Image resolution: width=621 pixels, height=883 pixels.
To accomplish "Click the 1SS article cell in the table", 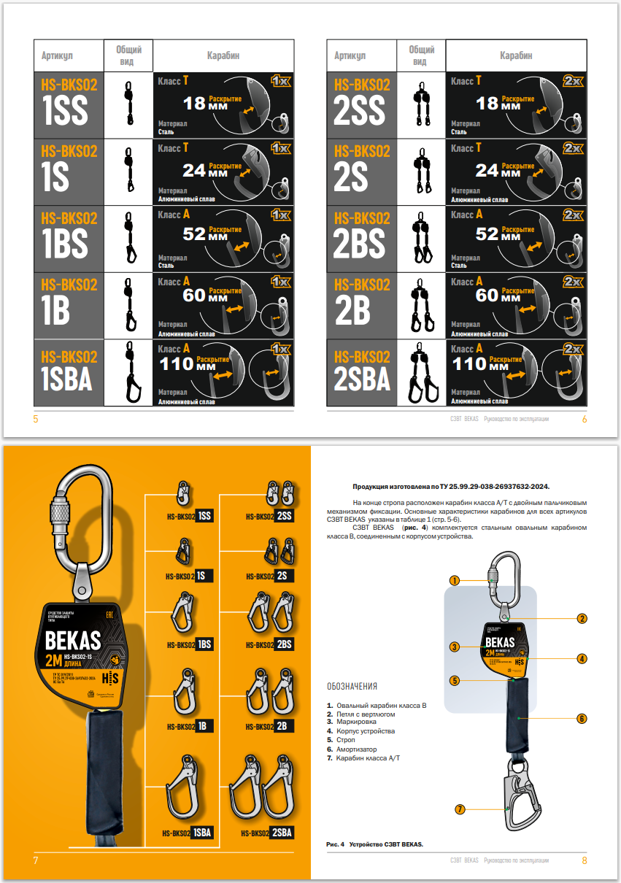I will point(69,104).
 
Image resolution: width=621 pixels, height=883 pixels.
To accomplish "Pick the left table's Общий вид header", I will point(128,55).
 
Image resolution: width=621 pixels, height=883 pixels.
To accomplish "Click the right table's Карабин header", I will point(515,55).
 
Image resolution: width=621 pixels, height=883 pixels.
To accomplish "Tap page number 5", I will point(36,419).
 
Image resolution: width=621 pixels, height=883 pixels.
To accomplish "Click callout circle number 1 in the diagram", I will point(454,581).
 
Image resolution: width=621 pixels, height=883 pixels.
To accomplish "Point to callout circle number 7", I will point(460,809).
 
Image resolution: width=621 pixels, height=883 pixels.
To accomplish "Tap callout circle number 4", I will point(582,658).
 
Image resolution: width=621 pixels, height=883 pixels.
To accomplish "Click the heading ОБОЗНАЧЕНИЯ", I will point(352,687).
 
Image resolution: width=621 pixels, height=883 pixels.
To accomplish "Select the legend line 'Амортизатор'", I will point(356,749).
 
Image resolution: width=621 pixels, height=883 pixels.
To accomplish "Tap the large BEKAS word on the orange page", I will point(72,641).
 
